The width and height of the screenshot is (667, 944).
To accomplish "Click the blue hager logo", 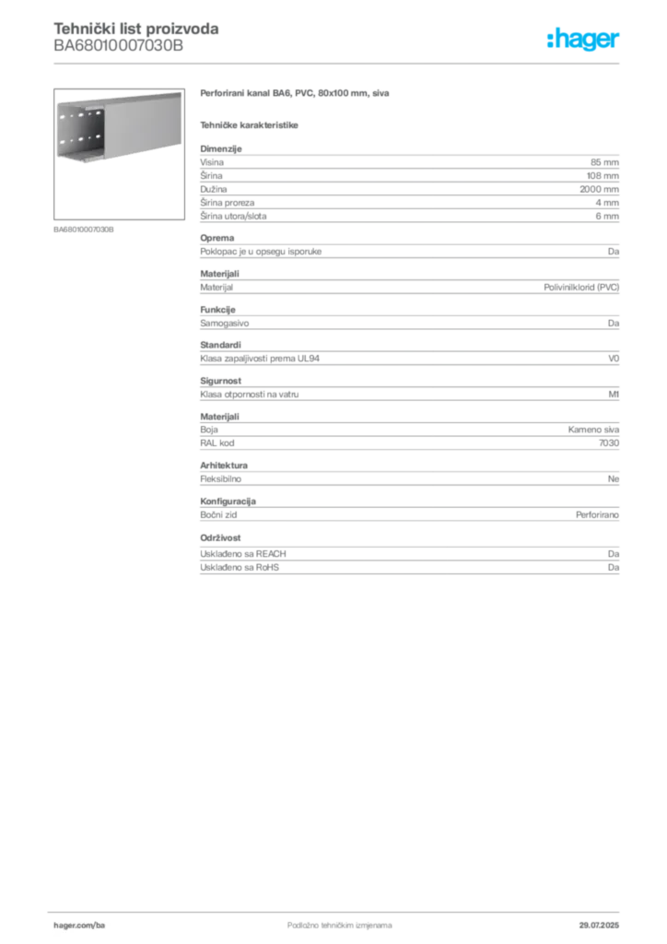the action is click(x=586, y=41).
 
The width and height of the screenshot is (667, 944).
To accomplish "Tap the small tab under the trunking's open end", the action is click(x=88, y=167).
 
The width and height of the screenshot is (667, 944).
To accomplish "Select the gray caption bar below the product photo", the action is click(x=85, y=229).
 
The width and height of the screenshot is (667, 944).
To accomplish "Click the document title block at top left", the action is click(x=136, y=39).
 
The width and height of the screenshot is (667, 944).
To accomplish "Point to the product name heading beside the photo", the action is click(x=295, y=95).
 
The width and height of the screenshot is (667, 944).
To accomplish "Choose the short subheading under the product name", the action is click(x=251, y=124).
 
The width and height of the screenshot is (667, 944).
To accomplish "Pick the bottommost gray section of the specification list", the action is click(x=408, y=556).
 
